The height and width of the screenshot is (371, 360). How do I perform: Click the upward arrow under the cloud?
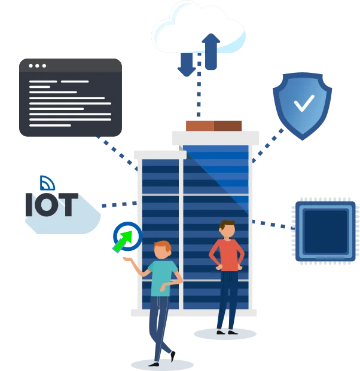coord(210,52)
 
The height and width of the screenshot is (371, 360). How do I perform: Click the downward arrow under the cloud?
coord(187,65)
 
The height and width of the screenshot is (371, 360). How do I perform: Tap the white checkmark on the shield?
coord(304,103)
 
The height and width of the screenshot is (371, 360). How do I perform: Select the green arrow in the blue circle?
coord(123,241)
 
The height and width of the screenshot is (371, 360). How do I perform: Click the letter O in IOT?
coord(47,205)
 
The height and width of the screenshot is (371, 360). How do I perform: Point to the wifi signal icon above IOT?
coord(47,183)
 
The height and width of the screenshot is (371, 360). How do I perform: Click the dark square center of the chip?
coord(325,231)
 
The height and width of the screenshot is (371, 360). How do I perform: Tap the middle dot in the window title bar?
coord(37,66)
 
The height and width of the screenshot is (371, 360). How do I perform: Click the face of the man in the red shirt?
coord(228,232)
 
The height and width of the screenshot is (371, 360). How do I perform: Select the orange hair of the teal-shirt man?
coord(163,246)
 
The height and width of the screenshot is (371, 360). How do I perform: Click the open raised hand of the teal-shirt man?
coord(128,259)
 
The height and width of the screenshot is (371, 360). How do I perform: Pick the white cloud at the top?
coord(199,27)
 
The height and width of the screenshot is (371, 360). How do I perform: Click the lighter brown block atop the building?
coord(200,126)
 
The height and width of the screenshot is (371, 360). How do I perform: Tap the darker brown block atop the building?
coord(228,126)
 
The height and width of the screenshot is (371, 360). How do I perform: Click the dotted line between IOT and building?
coord(120,204)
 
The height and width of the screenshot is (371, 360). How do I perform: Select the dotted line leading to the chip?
coord(273,225)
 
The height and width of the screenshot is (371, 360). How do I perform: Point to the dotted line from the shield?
coord(268,146)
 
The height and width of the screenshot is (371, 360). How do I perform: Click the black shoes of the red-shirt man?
coord(227,332)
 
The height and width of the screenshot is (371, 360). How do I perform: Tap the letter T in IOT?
coord(68,205)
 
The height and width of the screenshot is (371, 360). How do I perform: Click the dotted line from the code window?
coord(117,154)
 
